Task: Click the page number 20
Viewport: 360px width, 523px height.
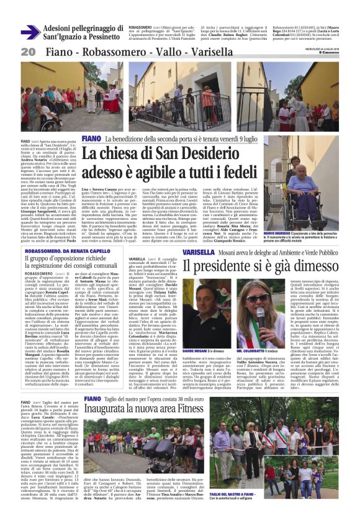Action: (27, 52)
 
